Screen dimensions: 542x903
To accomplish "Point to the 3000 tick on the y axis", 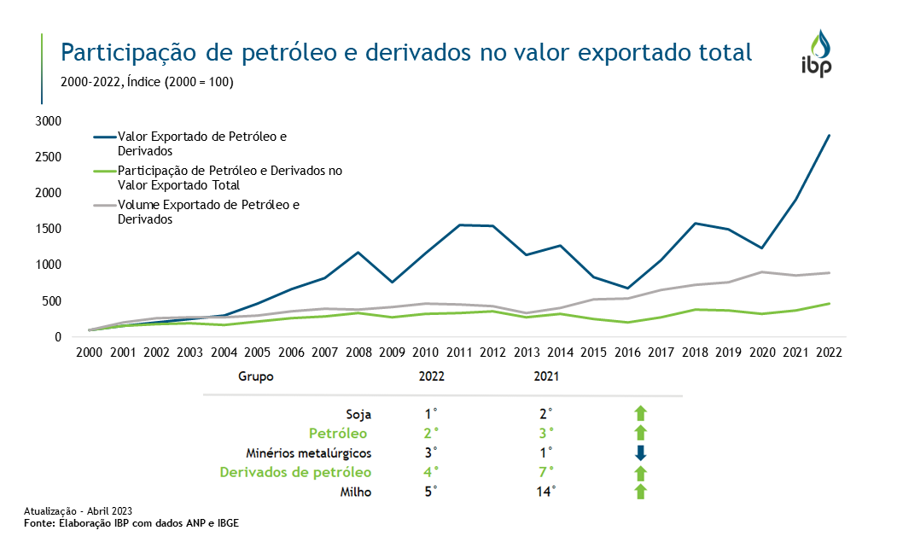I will pos(49,121).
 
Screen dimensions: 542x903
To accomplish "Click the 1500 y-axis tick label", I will pos(49,229).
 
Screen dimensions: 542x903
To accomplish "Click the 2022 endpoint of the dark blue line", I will pos(829,135).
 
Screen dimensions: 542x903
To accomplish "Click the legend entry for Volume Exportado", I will pos(209,212).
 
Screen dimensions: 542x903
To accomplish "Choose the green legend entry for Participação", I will pos(230,178).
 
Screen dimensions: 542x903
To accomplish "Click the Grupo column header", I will pos(256,376).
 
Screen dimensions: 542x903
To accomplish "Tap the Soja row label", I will pos(358,414).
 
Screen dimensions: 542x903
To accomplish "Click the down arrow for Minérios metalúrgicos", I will pos(641,452).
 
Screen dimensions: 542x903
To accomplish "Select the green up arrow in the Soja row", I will pos(641,414).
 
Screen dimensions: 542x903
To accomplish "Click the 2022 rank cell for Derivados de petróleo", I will pos(431,471).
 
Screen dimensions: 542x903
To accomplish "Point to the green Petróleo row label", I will pos(340,433).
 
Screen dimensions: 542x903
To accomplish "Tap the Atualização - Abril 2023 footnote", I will pos(78,510).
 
